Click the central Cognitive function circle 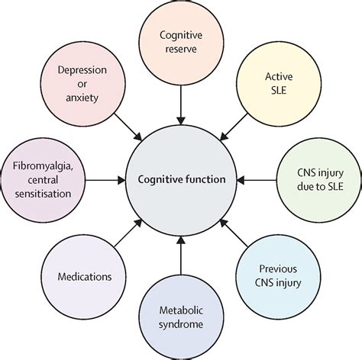click(181, 180)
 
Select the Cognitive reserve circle click(181, 42)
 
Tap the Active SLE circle click(279, 84)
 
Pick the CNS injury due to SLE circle click(319, 180)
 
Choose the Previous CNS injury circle click(278, 277)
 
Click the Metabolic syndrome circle click(181, 317)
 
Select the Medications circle click(84, 277)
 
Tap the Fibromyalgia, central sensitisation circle click(43, 180)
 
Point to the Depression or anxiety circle click(83, 84)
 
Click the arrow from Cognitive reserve click(181, 105)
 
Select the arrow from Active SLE click(234, 127)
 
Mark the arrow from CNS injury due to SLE click(257, 180)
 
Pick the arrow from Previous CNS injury click(234, 233)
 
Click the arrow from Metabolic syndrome click(181, 256)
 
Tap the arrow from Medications click(128, 233)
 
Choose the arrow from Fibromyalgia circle click(105, 180)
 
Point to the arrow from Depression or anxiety click(128, 127)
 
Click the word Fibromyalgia click(43, 167)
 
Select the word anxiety click(82, 98)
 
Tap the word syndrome click(181, 325)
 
